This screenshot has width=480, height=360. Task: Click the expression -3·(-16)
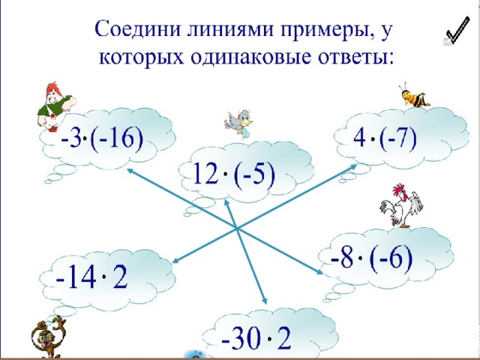(x=102, y=140)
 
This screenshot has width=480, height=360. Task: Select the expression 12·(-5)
(x=234, y=175)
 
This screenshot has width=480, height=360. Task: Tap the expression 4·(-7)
(x=385, y=137)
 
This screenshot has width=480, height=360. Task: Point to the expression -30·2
(x=256, y=338)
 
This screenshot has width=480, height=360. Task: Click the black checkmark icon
(x=457, y=31)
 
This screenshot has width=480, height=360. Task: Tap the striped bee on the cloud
(x=413, y=95)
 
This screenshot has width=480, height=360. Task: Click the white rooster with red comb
(x=401, y=205)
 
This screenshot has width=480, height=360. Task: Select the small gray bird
(x=239, y=123)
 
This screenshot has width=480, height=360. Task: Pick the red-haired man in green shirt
(x=55, y=106)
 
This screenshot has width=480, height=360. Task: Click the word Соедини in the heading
(x=137, y=29)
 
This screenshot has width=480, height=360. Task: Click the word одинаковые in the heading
(x=251, y=56)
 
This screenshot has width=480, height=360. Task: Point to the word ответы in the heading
(x=355, y=57)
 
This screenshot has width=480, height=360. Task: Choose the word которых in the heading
(x=141, y=58)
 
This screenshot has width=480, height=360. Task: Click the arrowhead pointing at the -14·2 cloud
(x=175, y=260)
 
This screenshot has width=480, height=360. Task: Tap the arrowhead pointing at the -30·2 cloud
(x=264, y=300)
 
